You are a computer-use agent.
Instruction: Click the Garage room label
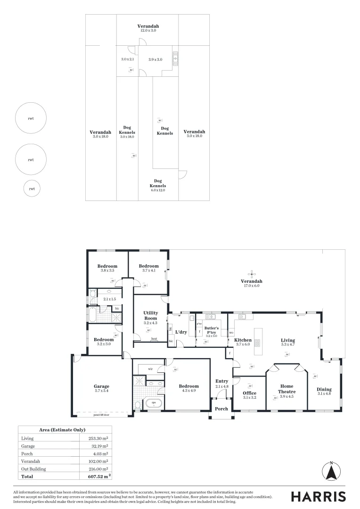click(x=101, y=386)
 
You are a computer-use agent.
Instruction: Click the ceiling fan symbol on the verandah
click(x=254, y=273)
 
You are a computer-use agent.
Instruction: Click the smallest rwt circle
click(x=32, y=189)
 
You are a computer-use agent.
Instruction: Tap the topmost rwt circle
click(x=31, y=118)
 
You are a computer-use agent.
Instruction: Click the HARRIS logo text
click(x=318, y=496)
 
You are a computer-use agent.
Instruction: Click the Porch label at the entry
click(x=221, y=409)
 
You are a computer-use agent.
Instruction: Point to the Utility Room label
click(x=151, y=316)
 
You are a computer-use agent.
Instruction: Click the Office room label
click(x=249, y=393)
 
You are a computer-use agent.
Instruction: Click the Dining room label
click(x=324, y=389)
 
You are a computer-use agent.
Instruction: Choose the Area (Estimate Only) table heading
click(x=63, y=430)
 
